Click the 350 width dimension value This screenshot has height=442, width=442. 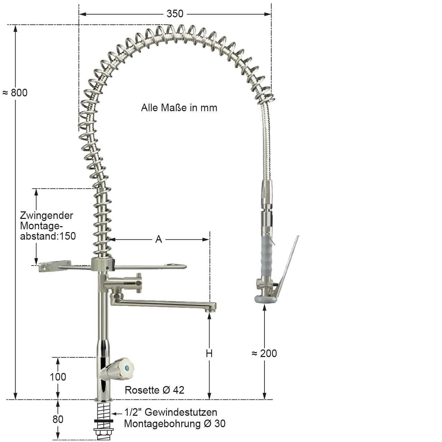[175, 14]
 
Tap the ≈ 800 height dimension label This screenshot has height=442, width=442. [15, 93]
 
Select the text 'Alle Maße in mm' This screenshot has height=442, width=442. [179, 108]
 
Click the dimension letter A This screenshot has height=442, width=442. [158, 239]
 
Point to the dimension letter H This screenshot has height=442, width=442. [209, 354]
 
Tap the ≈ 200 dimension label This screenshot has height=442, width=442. [264, 353]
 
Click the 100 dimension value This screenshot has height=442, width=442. [58, 377]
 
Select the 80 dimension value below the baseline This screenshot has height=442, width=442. [58, 420]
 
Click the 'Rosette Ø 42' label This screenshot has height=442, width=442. [154, 390]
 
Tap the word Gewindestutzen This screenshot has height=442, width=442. [181, 412]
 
